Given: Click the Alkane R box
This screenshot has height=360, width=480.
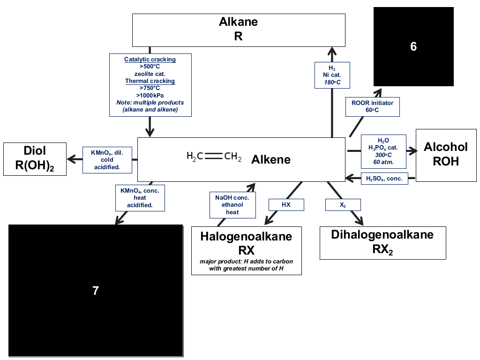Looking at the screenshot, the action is (239, 30).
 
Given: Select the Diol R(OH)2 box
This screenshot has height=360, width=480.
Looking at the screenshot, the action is (35, 159).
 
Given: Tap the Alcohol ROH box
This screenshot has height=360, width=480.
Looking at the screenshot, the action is (446, 155).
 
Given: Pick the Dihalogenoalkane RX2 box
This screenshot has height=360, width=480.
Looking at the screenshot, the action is (382, 243).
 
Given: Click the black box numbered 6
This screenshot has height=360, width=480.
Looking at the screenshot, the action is (413, 46).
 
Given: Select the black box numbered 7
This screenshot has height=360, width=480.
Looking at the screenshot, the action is (96, 291).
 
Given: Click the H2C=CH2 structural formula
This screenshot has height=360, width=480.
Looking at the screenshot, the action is (214, 157).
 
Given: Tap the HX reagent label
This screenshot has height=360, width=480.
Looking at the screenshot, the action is (286, 205).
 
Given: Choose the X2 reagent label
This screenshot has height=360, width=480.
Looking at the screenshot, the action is (343, 205).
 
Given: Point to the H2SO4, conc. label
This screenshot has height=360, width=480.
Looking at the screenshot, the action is (384, 179).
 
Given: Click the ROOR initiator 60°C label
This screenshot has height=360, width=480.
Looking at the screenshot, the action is (373, 106).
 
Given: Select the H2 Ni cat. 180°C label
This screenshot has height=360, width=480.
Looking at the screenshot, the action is (332, 75).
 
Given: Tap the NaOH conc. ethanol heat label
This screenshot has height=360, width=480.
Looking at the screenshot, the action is (232, 205).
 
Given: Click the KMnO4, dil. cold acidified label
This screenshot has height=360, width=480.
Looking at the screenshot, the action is (107, 160).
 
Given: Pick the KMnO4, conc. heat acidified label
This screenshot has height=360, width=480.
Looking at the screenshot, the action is (140, 198).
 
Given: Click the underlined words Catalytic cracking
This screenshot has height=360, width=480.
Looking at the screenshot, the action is (150, 60).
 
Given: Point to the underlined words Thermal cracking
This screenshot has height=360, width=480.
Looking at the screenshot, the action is (150, 81).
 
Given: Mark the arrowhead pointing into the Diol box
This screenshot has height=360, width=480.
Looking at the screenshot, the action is (71, 159).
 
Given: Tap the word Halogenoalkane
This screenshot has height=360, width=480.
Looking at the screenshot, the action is (247, 236).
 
